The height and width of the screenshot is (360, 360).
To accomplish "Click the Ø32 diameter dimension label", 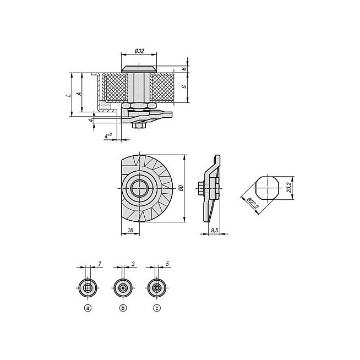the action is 139,51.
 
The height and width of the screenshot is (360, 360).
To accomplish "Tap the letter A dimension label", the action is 79,94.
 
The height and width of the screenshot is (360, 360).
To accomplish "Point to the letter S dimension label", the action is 184,86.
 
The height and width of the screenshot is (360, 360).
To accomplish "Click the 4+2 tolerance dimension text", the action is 108,136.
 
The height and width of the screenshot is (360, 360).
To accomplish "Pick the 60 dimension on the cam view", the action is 181,188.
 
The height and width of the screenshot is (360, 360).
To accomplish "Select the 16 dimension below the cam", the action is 130,230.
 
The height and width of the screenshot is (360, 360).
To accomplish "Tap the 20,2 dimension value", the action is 290,188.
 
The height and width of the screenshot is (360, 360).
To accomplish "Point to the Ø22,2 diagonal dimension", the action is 252,203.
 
